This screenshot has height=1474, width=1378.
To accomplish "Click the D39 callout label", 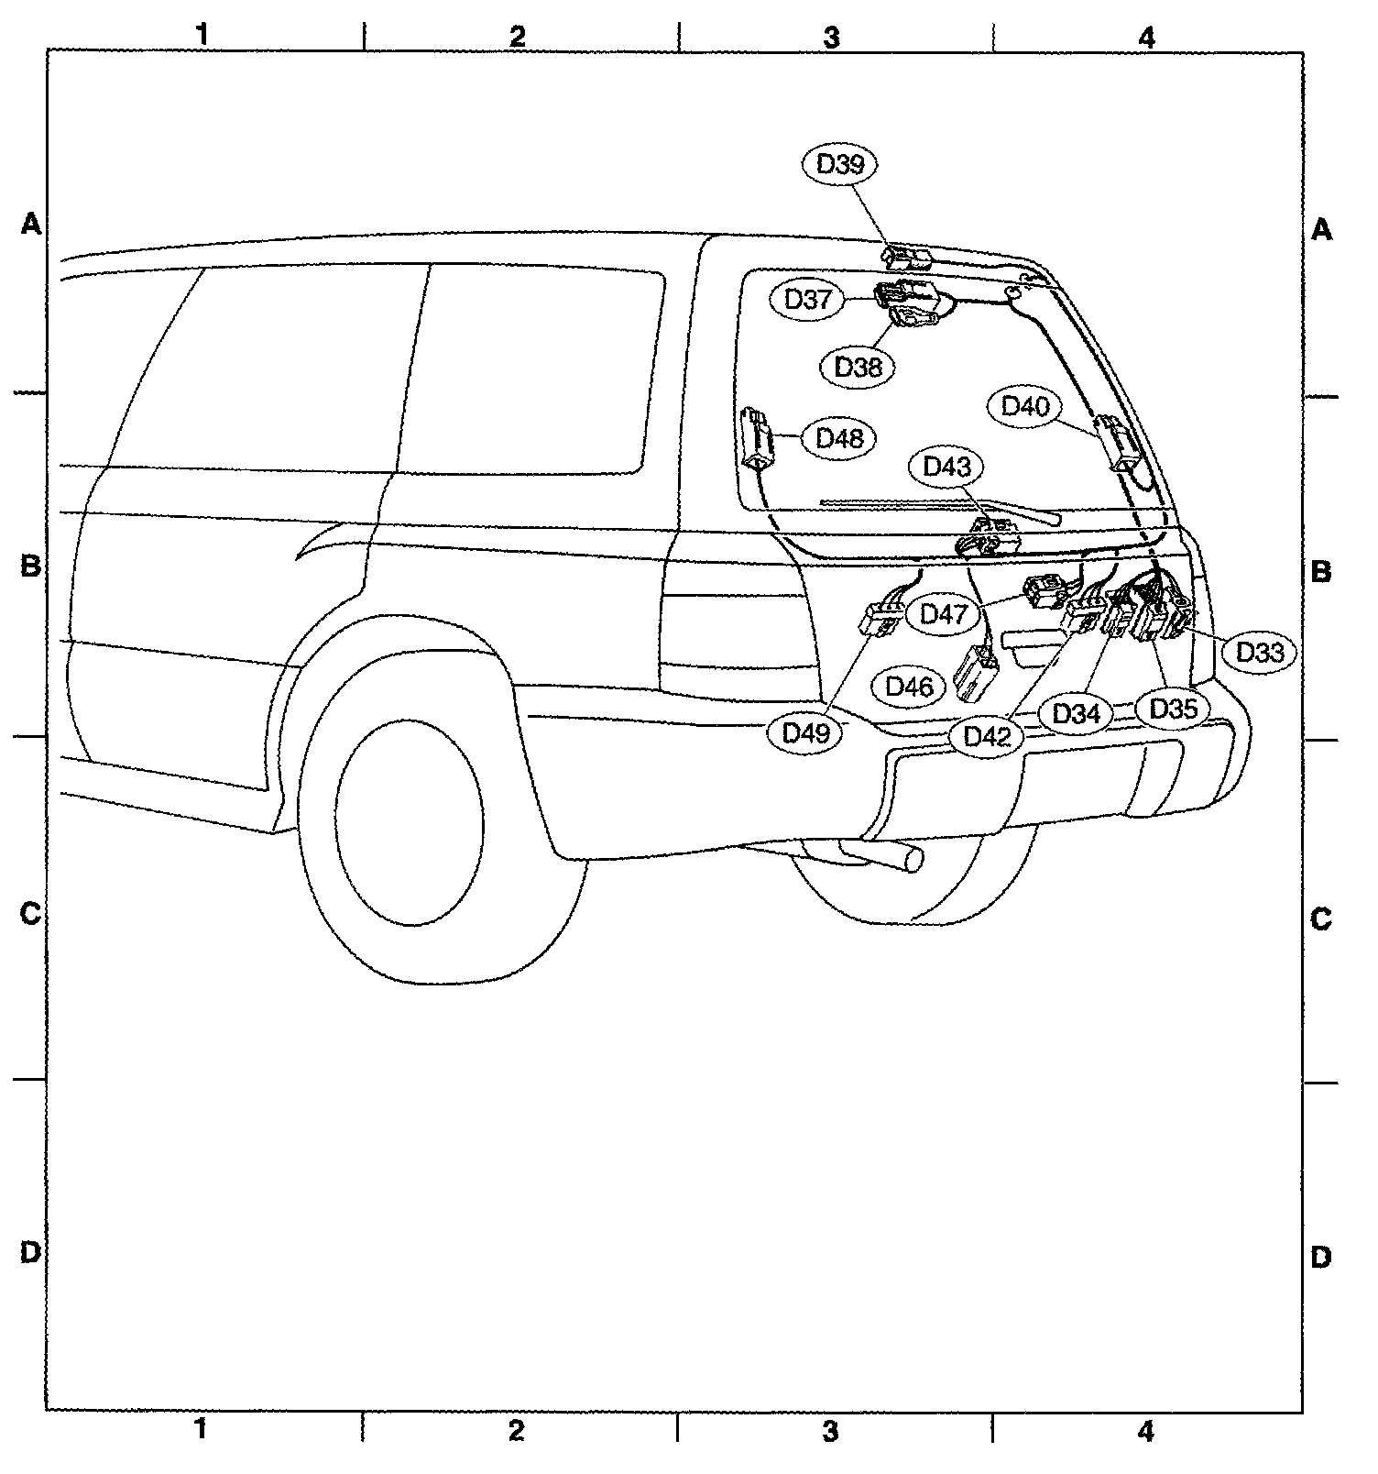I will pyautogui.click(x=839, y=165).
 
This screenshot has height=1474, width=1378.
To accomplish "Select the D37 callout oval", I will pyautogui.click(x=807, y=300).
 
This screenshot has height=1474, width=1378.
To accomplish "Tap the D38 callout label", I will pyautogui.click(x=858, y=367).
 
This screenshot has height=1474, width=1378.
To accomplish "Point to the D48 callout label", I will pyautogui.click(x=839, y=438).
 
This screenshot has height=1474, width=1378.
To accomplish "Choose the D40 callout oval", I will pyautogui.click(x=1025, y=406).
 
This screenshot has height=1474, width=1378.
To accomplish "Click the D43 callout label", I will pyautogui.click(x=946, y=467).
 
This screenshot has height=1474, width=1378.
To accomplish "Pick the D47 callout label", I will pyautogui.click(x=944, y=613).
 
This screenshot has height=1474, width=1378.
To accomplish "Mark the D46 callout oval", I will pyautogui.click(x=909, y=687).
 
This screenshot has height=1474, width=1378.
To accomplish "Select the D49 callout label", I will pyautogui.click(x=806, y=732).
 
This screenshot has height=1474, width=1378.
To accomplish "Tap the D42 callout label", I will pyautogui.click(x=986, y=735).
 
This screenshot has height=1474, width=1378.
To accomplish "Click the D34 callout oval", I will pyautogui.click(x=1076, y=713).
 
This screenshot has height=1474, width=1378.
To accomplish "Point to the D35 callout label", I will pyautogui.click(x=1174, y=709).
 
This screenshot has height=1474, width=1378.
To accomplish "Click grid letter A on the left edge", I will pyautogui.click(x=31, y=224).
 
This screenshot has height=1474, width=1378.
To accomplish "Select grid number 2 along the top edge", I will pyautogui.click(x=518, y=36).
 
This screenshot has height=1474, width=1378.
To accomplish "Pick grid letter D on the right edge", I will pyautogui.click(x=1320, y=1258).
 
